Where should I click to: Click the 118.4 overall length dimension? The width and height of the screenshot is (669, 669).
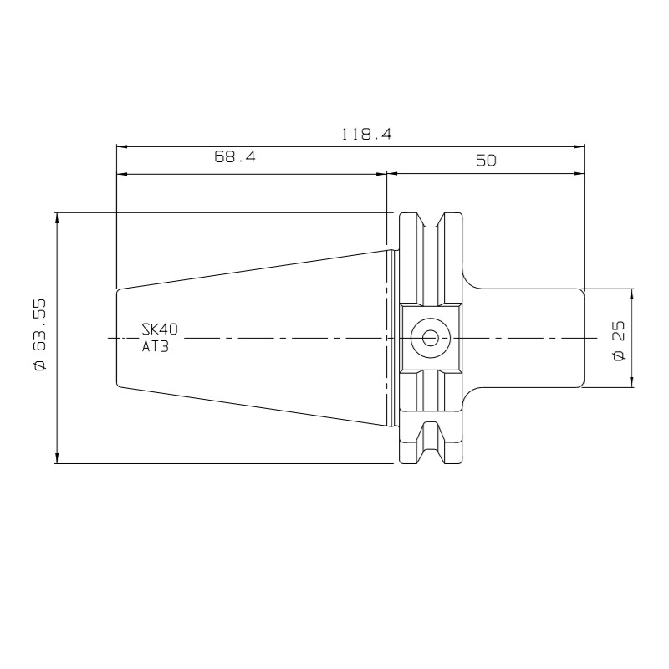pyautogui.click(x=366, y=135)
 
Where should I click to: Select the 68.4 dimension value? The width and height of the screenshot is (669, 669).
pyautogui.click(x=235, y=157)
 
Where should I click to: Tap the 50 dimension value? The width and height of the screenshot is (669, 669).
pyautogui.click(x=486, y=161)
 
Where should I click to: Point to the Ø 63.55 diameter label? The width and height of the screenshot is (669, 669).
pyautogui.click(x=39, y=334)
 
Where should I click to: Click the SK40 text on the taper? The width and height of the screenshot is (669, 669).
pyautogui.click(x=160, y=329)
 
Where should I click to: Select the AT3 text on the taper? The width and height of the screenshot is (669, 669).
pyautogui.click(x=156, y=346)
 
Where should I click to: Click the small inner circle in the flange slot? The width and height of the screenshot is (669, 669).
pyautogui.click(x=430, y=339)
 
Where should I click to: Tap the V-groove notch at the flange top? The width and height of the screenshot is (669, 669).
pyautogui.click(x=430, y=221)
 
